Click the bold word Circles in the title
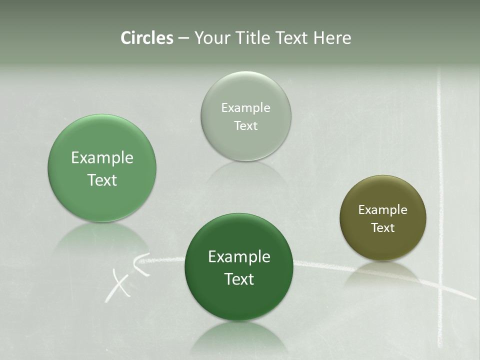pos(146,38)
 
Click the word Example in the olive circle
pos(382,210)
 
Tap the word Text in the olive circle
pos(382,228)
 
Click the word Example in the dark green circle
pos(239,257)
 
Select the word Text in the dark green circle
pos(239,279)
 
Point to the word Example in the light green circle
pos(102,158)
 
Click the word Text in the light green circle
pos(102,180)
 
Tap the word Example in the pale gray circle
pos(246,108)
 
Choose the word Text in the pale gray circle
pos(246,126)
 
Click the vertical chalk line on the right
pos(440,200)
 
